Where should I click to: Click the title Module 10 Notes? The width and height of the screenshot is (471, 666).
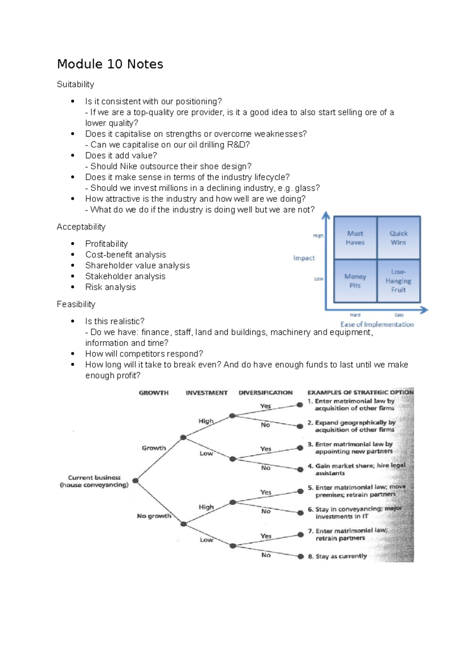(110, 64)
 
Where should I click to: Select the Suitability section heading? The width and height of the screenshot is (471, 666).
(75, 84)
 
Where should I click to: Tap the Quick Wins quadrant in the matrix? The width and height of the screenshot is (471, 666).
(398, 238)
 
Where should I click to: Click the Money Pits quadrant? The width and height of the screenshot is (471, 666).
(355, 281)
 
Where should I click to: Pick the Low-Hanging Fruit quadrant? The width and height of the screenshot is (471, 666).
(398, 281)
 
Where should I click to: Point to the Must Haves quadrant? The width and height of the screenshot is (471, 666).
(355, 238)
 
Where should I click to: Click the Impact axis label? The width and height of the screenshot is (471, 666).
(304, 258)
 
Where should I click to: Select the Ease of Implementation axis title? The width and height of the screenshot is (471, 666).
(377, 324)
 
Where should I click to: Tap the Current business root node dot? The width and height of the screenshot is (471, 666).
(135, 481)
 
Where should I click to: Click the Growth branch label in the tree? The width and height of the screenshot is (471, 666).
(154, 448)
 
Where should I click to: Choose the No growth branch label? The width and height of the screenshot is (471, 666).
(154, 516)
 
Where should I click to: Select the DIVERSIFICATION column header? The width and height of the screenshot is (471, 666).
(265, 393)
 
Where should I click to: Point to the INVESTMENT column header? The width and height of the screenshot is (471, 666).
(206, 393)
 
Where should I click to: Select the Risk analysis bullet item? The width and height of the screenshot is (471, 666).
(110, 287)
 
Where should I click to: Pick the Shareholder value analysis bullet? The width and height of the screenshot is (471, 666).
(137, 265)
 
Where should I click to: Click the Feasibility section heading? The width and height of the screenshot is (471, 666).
(76, 304)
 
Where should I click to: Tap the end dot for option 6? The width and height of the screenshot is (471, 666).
(300, 513)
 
